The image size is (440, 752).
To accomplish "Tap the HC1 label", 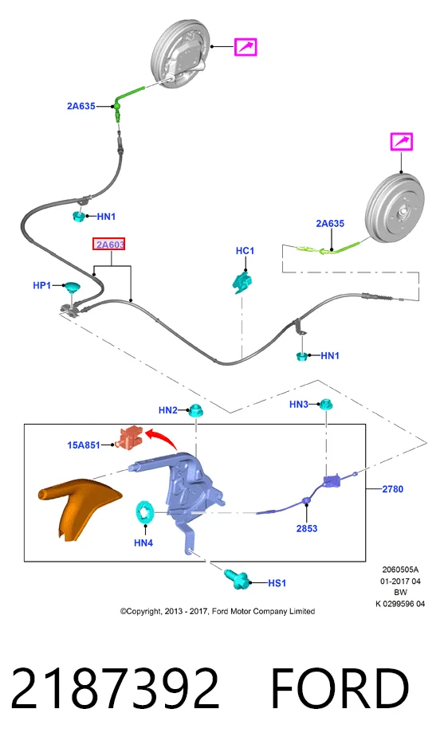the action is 245,251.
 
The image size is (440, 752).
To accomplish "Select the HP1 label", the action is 41,285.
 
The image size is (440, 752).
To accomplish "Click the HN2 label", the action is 168,410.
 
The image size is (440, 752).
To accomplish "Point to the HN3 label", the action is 298,405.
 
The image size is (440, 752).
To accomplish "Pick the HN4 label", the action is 143,543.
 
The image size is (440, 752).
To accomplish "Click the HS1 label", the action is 277,582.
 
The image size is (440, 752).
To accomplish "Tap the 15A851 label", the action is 84,445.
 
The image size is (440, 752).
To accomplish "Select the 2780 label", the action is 392,489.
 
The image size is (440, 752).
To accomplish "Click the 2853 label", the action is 307,528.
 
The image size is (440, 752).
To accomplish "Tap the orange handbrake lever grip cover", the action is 77,508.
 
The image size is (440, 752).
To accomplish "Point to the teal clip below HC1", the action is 242,282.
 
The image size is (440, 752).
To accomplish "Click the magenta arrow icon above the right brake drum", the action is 401,142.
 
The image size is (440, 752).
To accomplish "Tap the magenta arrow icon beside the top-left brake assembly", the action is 246,47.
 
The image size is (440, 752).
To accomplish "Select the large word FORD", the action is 340,688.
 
